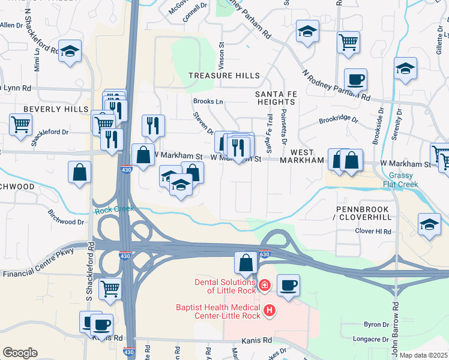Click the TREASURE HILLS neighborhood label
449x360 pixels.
click(x=224, y=76)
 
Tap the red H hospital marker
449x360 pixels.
click(x=270, y=310)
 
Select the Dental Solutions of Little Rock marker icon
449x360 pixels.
click(x=265, y=285)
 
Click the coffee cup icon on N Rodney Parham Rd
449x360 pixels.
click(x=355, y=80)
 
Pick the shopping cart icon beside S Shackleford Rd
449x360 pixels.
click(x=110, y=289)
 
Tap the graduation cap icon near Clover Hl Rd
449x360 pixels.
click(x=429, y=224)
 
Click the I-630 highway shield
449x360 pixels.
click(x=265, y=254)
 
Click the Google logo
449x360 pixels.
click(x=20, y=353)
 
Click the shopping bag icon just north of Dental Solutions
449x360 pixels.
click(x=246, y=263)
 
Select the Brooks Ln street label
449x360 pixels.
click(x=208, y=102)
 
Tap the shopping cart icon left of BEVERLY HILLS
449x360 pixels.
click(x=20, y=124)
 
